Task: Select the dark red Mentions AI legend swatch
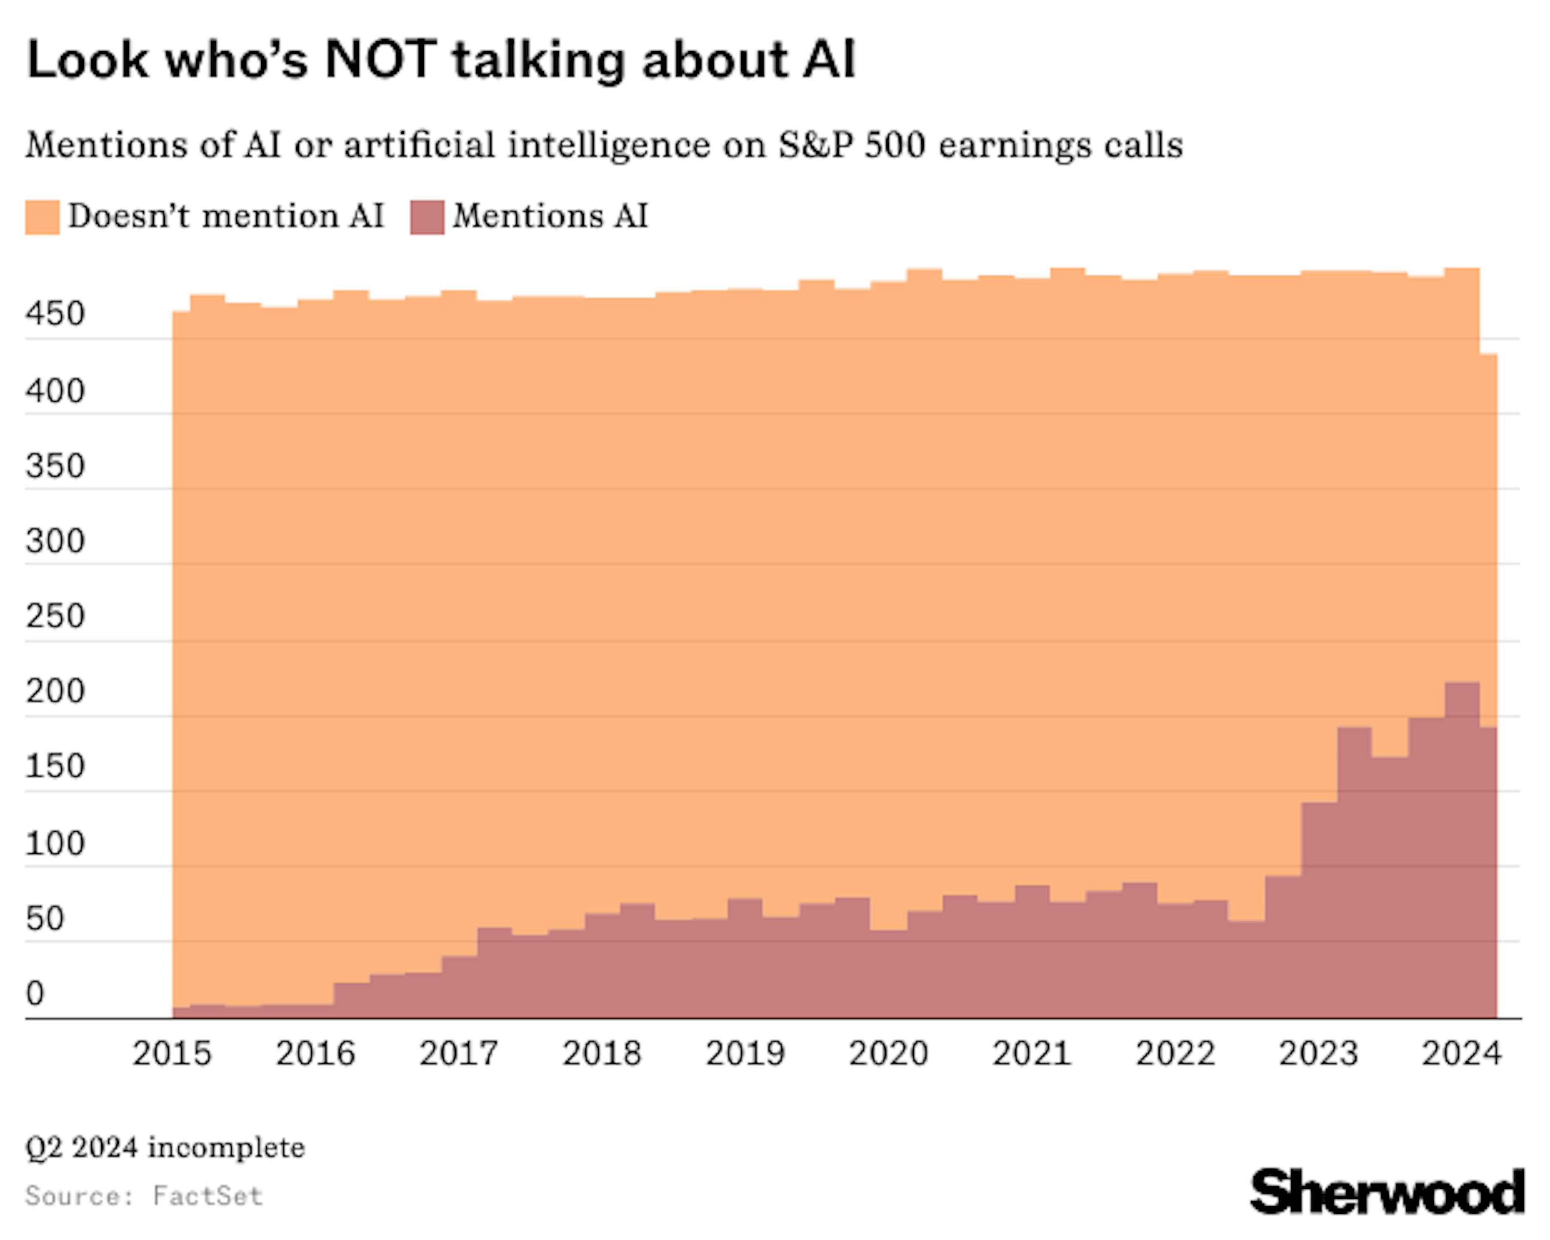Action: click(427, 217)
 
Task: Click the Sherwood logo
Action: click(1387, 1192)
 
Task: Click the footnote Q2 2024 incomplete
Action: click(165, 1148)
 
